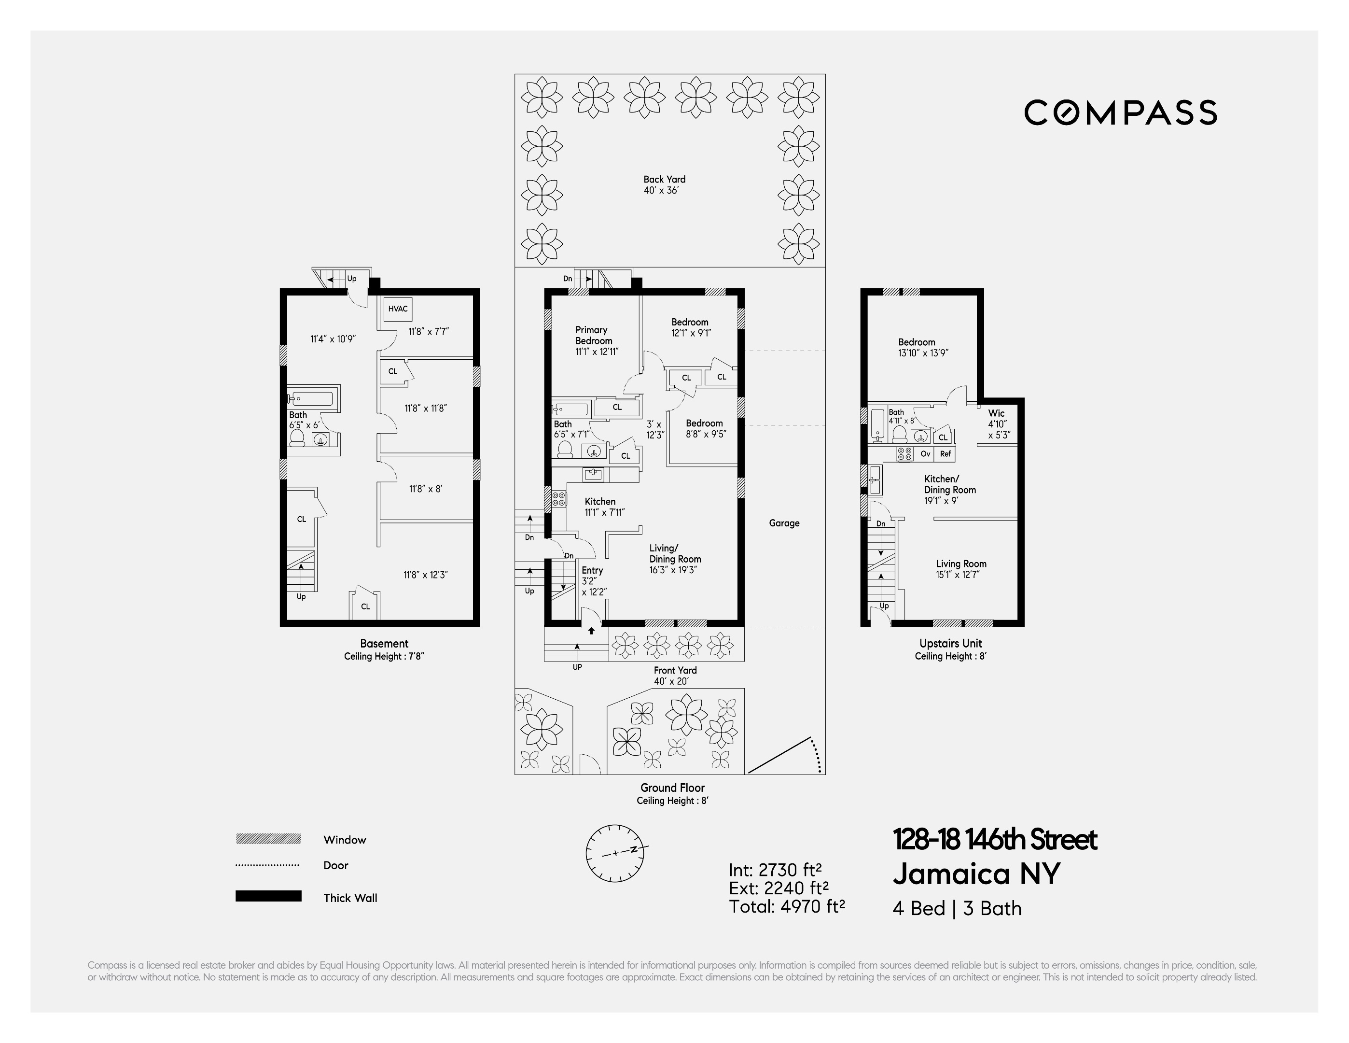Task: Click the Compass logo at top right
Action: (1120, 113)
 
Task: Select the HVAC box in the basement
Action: (398, 309)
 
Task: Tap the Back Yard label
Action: (664, 179)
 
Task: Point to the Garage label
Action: (784, 523)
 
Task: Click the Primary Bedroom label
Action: (594, 335)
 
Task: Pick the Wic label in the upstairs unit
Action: (996, 413)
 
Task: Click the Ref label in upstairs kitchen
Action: (945, 453)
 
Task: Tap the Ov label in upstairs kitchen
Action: (925, 453)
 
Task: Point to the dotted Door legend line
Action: (267, 865)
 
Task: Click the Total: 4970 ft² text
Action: (786, 906)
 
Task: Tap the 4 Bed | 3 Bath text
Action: (957, 908)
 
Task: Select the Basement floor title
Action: (384, 643)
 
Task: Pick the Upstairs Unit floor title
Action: (951, 643)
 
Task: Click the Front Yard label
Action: (675, 670)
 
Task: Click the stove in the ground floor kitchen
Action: (558, 499)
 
